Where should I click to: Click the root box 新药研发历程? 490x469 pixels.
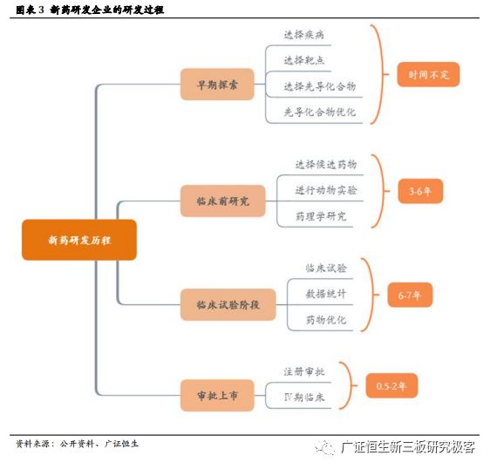pyautogui.click(x=79, y=240)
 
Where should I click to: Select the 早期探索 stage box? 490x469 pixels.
pyautogui.click(x=217, y=85)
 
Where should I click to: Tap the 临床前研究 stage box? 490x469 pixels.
pyautogui.click(x=223, y=201)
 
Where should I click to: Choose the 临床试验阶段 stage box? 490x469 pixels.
pyautogui.click(x=228, y=304)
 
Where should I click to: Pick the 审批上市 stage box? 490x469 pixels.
pyautogui.click(x=217, y=395)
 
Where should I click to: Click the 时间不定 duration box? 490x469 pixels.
pyautogui.click(x=428, y=74)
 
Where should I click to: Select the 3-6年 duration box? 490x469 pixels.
pyautogui.click(x=420, y=191)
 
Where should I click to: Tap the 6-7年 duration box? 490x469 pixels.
pyautogui.click(x=410, y=295)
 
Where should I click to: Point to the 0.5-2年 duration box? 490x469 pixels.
pyautogui.click(x=391, y=385)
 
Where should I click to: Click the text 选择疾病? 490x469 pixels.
pyautogui.click(x=303, y=34)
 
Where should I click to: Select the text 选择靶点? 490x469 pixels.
pyautogui.click(x=303, y=60)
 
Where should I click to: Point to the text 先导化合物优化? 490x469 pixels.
pyautogui.click(x=320, y=112)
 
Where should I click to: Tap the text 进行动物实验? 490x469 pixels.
pyautogui.click(x=326, y=190)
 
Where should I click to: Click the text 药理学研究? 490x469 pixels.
pyautogui.click(x=321, y=216)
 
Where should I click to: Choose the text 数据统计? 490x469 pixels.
pyautogui.click(x=326, y=294)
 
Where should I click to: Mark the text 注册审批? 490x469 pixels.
pyautogui.click(x=304, y=371)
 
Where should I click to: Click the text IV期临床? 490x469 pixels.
pyautogui.click(x=304, y=398)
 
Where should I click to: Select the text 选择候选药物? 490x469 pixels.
pyautogui.click(x=326, y=164)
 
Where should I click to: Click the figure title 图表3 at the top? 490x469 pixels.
pyautogui.click(x=30, y=10)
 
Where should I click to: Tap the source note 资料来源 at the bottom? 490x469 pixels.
pyautogui.click(x=32, y=444)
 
